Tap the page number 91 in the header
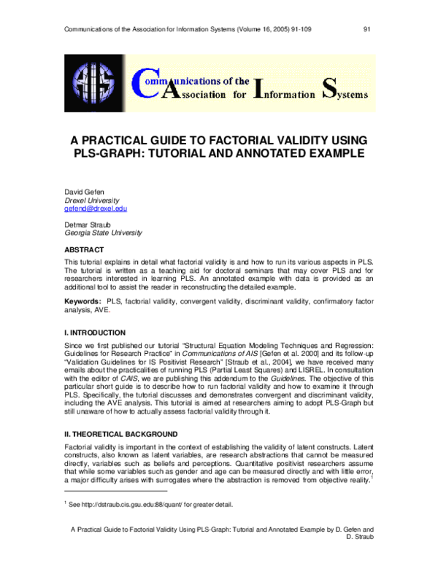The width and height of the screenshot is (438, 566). tap(367, 30)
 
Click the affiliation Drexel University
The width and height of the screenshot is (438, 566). tap(91, 200)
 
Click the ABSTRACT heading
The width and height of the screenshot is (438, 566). tap(85, 249)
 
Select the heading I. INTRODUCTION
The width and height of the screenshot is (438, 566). tap(95, 332)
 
